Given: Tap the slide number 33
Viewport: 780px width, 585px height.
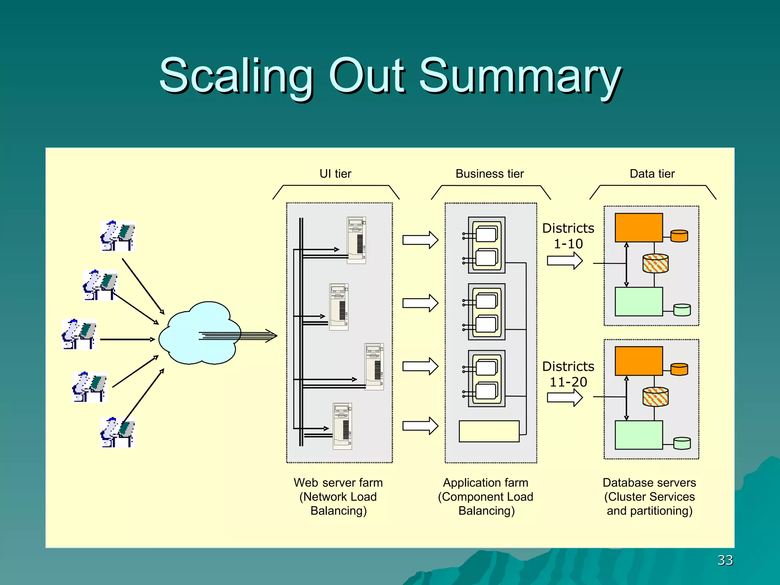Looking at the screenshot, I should tap(725, 560).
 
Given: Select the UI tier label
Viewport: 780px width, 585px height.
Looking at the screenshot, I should tap(335, 174).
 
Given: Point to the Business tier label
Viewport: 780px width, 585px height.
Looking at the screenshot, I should tap(489, 174).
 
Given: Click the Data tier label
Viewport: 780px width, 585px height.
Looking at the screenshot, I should tap(652, 174).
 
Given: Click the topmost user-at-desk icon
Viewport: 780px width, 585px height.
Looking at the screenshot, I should tap(118, 236).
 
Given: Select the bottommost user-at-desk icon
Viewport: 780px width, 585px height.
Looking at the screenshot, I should tap(118, 433).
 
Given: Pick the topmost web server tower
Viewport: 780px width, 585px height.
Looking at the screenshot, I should tap(356, 240).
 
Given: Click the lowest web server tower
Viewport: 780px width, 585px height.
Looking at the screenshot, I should tap(342, 426).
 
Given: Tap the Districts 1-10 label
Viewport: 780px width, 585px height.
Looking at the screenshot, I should tap(568, 236).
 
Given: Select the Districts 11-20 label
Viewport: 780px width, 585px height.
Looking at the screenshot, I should tap(568, 374).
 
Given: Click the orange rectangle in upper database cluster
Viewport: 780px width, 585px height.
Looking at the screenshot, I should tap(639, 228).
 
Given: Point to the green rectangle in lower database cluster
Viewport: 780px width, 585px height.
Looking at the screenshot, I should tap(639, 435).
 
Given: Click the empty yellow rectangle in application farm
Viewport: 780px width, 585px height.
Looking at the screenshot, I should tap(489, 431).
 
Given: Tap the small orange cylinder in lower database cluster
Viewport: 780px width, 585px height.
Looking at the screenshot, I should tap(679, 369).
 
